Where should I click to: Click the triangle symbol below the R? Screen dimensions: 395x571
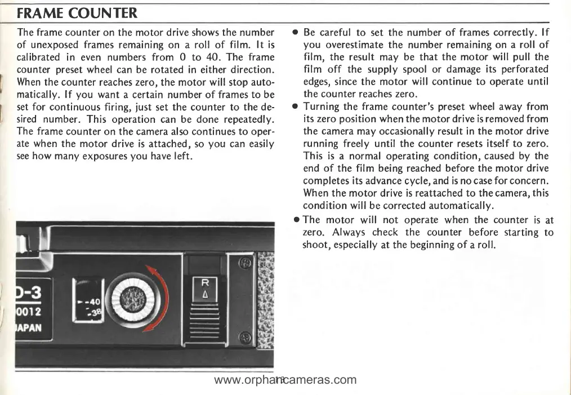pyautogui.click(x=206, y=295)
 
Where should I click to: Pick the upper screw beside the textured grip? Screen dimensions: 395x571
pyautogui.click(x=244, y=263)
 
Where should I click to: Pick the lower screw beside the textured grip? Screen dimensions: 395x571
pyautogui.click(x=244, y=338)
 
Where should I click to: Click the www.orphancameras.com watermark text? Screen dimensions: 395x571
pyautogui.click(x=285, y=380)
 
